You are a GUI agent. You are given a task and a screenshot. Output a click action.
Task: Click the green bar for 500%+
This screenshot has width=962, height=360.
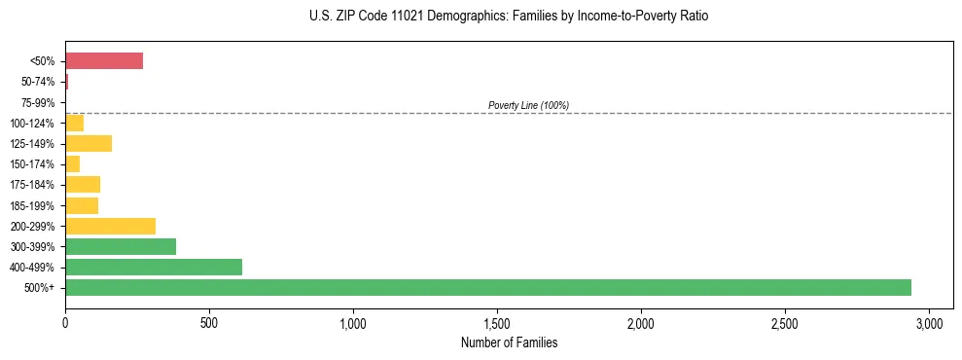click(487, 287)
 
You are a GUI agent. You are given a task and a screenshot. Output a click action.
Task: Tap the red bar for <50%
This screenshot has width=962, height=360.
click(104, 61)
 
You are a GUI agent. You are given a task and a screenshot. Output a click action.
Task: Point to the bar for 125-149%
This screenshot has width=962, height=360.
click(89, 144)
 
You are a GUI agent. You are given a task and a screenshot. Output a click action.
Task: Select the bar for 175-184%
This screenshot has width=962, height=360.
click(83, 185)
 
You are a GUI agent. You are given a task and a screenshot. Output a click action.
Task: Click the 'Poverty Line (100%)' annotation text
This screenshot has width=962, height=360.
click(528, 105)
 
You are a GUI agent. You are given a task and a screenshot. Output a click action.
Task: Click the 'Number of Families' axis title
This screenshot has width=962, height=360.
click(510, 342)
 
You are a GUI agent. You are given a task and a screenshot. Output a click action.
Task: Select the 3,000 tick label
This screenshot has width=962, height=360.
click(929, 323)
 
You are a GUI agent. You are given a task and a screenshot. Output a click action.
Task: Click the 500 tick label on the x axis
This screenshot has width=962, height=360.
click(209, 323)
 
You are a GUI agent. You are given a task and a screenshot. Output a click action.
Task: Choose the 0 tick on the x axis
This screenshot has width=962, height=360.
click(65, 323)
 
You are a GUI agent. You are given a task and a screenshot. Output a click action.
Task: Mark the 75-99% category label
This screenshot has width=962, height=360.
click(38, 103)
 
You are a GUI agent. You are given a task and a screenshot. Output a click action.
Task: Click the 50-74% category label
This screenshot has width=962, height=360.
click(38, 82)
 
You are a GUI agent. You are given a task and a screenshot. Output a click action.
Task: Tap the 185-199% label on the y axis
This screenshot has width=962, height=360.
click(33, 206)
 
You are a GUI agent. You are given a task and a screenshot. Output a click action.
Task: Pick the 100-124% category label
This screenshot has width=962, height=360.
click(33, 124)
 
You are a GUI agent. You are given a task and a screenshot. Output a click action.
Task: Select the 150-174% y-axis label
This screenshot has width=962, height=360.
click(33, 164)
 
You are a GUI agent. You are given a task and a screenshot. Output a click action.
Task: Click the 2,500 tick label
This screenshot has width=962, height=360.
click(785, 323)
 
